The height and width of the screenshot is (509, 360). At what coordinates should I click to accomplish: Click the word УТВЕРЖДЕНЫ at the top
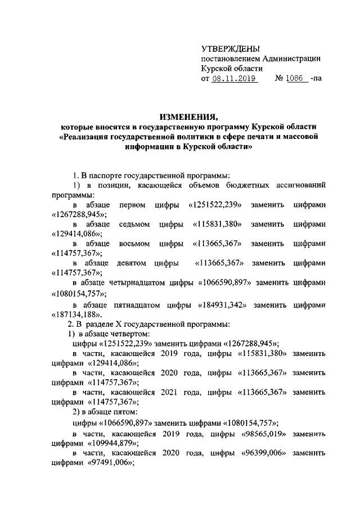click(x=227, y=49)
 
